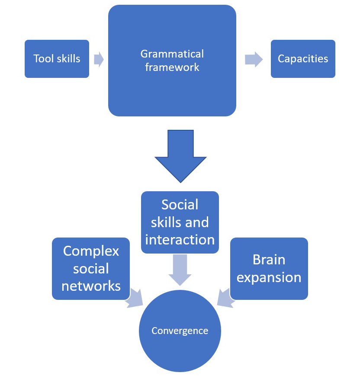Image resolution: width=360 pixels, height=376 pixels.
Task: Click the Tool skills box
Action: point(57,59)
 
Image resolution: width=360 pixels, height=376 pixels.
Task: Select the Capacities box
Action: point(303,59)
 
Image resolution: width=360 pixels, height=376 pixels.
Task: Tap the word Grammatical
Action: point(172,54)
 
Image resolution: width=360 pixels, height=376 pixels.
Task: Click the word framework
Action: point(172,67)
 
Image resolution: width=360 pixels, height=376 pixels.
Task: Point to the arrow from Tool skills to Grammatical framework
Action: point(99,59)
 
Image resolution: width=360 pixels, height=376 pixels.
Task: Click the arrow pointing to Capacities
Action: point(254,59)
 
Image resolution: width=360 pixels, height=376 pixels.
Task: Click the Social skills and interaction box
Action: point(180,222)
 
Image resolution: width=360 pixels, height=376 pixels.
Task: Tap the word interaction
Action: point(180,239)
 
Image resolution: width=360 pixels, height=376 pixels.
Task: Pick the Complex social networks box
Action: point(91,268)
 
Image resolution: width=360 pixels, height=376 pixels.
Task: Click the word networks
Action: point(91,286)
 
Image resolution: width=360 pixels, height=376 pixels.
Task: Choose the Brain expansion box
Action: point(269,268)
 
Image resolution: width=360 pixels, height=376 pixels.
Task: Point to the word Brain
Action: point(269,260)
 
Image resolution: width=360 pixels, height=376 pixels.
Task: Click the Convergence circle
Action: point(180,331)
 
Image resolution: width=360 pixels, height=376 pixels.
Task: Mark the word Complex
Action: point(91,251)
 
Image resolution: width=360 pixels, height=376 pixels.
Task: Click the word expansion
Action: point(269,277)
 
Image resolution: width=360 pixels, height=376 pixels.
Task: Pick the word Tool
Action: point(43,59)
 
